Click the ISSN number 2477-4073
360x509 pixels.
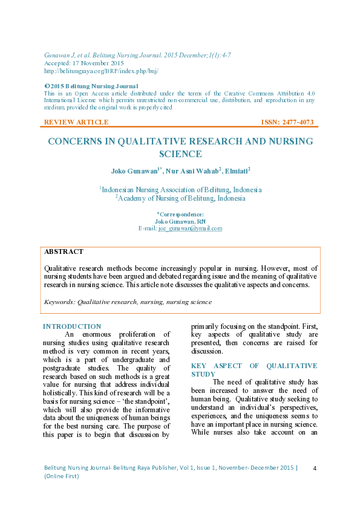(x=296, y=122)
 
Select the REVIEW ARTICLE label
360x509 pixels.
(x=76, y=122)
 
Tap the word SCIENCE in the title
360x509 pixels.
(x=180, y=154)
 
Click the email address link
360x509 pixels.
(x=190, y=229)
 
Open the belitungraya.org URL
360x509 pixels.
(x=102, y=71)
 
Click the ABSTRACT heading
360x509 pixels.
(x=64, y=251)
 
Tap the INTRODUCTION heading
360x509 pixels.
(x=71, y=326)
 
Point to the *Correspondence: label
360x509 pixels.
(x=180, y=214)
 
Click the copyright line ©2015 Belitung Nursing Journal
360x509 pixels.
(x=91, y=86)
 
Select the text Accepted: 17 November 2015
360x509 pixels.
(x=83, y=63)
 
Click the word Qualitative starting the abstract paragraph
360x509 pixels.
(x=64, y=267)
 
